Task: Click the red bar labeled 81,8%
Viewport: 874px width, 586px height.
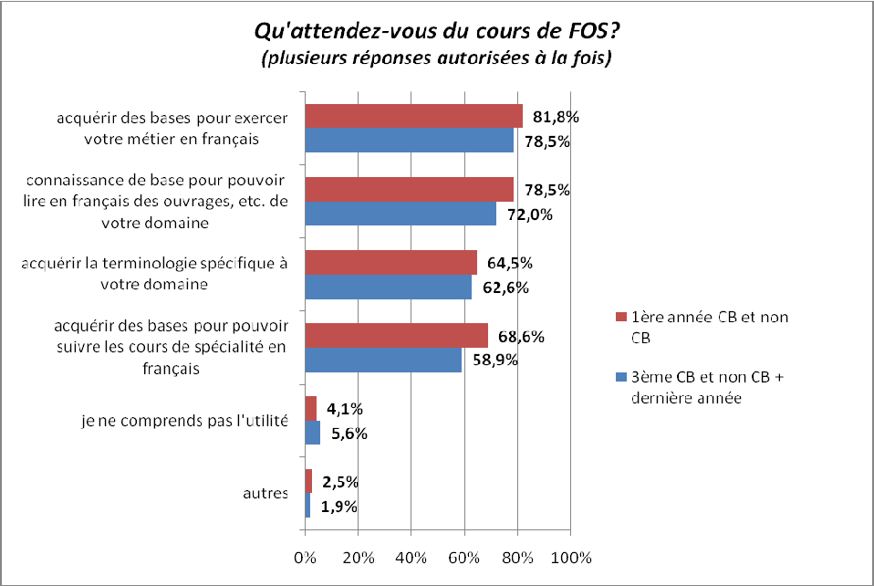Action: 413,116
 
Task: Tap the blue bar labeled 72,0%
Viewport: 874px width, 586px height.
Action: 401,214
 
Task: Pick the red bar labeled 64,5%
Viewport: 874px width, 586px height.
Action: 390,262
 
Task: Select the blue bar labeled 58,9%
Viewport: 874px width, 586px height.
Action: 383,360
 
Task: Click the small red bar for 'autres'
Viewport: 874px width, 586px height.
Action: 308,481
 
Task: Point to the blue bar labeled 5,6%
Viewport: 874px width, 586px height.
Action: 312,433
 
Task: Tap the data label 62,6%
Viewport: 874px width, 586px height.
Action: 505,288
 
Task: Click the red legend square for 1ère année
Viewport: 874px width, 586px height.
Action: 622,318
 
